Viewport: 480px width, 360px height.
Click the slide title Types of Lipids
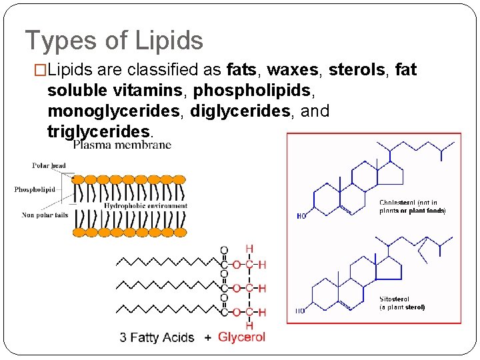tap(114, 41)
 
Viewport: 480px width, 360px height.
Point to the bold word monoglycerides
tap(115, 111)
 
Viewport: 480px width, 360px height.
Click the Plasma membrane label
tap(122, 145)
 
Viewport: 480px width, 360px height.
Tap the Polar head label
tap(49, 165)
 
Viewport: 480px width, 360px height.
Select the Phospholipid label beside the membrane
tap(35, 189)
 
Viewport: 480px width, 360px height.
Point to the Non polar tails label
tap(45, 215)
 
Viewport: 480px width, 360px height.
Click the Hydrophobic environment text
tap(146, 206)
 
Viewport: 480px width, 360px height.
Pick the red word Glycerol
tap(241, 337)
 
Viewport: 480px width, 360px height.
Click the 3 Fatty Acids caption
tap(157, 338)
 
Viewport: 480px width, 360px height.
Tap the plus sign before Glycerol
tap(208, 338)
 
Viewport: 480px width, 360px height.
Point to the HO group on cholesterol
tap(302, 215)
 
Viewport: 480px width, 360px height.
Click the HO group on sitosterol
tap(301, 311)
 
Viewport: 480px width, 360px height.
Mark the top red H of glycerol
tap(249, 249)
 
